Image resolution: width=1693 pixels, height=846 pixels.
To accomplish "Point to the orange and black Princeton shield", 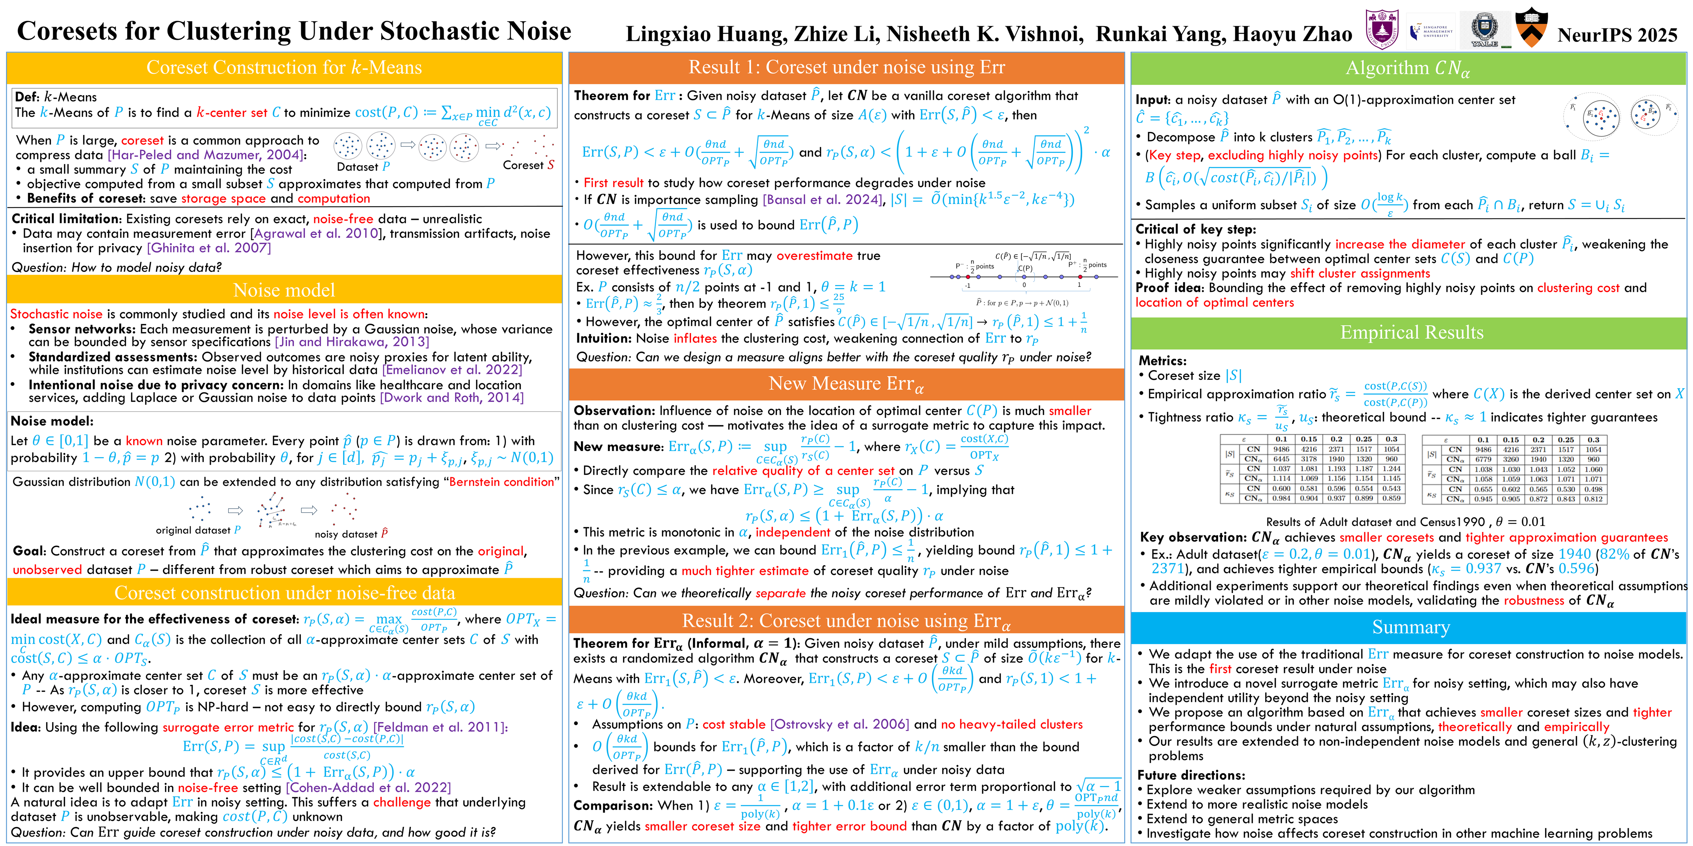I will [x=1531, y=28].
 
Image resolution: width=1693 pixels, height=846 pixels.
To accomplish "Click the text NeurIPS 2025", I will [x=1617, y=34].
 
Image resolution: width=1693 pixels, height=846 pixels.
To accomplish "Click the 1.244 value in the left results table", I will [x=1391, y=469].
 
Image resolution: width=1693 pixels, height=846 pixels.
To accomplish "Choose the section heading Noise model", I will [x=284, y=290].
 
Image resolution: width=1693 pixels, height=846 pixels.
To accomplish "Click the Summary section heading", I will [x=1410, y=627].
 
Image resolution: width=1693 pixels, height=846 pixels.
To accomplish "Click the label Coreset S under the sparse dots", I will [x=528, y=165].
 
